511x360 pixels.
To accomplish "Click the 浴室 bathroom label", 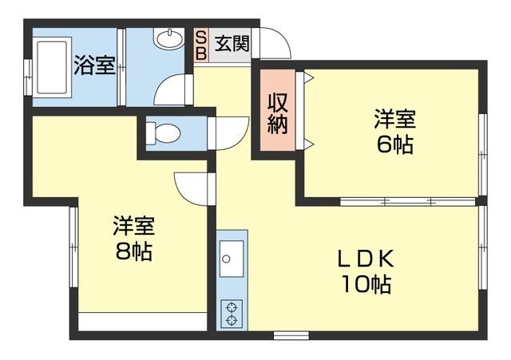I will tap(93, 65).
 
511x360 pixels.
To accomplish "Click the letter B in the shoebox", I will tap(200, 53).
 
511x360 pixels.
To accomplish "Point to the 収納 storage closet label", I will tap(277, 114).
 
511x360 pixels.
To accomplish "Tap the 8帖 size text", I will tap(133, 251).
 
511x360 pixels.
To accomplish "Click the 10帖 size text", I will tap(366, 284).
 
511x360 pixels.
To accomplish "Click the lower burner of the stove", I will tap(232, 321).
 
